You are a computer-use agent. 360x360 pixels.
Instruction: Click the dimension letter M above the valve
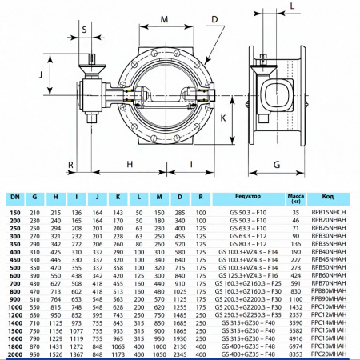coord(164,18)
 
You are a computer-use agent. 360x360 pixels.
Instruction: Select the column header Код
coord(328,195)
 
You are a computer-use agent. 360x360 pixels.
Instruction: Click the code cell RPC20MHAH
coord(328,353)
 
